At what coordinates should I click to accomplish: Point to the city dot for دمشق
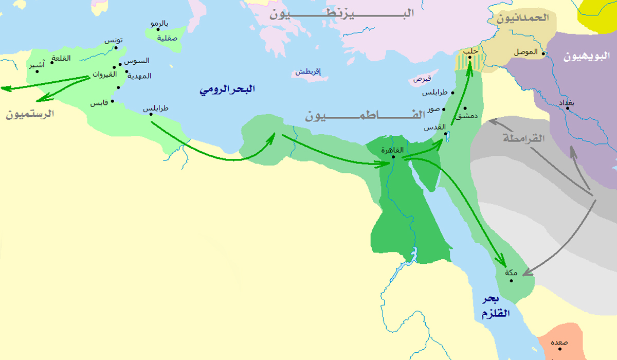pyautogui.click(x=465, y=108)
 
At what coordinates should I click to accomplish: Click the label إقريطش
pyautogui.click(x=307, y=71)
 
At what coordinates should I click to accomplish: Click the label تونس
pyautogui.click(x=114, y=41)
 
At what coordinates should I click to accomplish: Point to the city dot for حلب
pyautogui.click(x=469, y=57)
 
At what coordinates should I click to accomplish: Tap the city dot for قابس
pyautogui.click(x=112, y=101)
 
